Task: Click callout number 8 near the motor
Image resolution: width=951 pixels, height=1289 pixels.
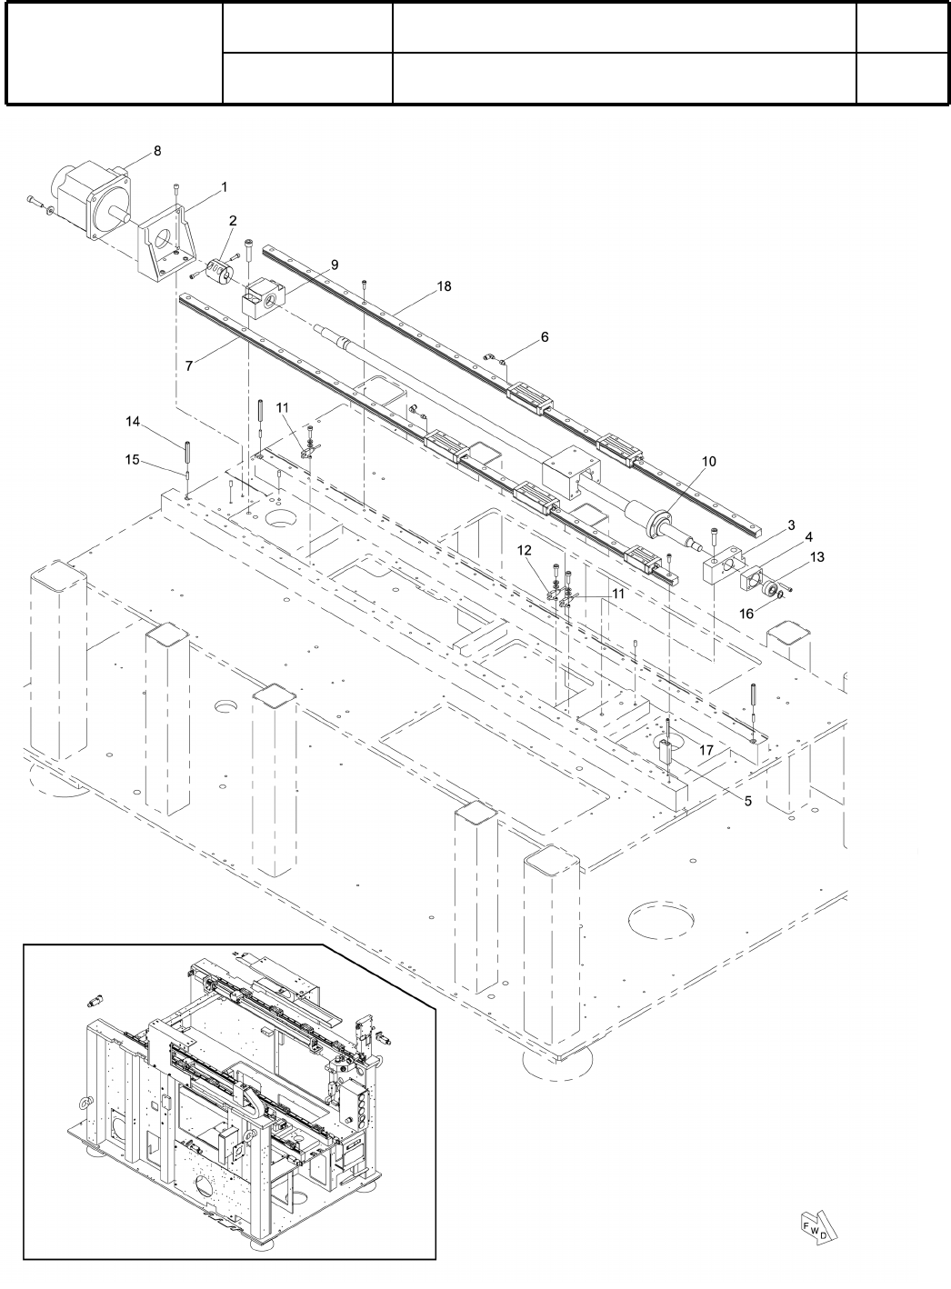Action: coord(158,152)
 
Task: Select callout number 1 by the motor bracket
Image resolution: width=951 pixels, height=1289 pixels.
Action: coord(223,186)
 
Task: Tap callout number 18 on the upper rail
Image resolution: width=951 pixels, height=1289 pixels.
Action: coord(444,286)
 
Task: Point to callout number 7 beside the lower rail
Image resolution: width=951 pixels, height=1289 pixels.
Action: coord(189,365)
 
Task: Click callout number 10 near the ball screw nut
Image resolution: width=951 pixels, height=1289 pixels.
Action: coord(708,462)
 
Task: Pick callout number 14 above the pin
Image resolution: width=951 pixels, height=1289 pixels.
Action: coord(133,422)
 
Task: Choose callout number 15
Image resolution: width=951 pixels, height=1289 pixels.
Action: coord(133,460)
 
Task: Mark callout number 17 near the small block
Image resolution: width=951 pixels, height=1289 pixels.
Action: coord(706,750)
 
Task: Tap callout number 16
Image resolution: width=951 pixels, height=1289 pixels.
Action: coord(746,615)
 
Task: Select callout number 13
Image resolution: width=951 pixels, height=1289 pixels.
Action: coord(816,557)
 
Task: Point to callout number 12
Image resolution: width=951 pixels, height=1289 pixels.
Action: coord(524,550)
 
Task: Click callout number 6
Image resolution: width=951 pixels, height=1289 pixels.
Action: coord(545,337)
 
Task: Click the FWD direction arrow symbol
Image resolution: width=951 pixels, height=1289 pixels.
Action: coord(816,1227)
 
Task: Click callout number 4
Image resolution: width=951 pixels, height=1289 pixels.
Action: coord(808,537)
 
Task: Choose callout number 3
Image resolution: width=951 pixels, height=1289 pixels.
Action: coord(791,526)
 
